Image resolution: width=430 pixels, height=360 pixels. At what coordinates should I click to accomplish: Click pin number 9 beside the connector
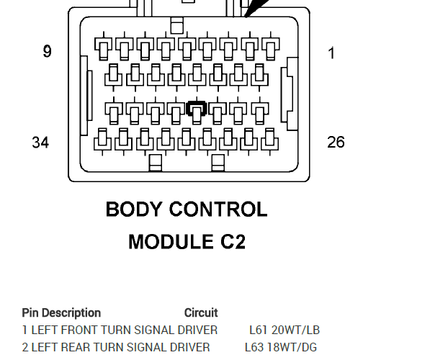(x=47, y=51)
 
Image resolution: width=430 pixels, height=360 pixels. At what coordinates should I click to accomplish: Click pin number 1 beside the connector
(x=331, y=53)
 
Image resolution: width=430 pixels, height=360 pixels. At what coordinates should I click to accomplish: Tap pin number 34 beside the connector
(x=40, y=143)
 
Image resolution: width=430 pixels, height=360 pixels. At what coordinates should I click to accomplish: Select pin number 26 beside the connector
(x=336, y=142)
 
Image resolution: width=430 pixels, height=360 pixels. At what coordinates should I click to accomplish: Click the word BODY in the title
(x=133, y=210)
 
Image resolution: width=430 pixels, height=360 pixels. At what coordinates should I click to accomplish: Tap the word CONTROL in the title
(x=218, y=210)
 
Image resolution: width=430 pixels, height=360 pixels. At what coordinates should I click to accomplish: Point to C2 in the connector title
(x=233, y=241)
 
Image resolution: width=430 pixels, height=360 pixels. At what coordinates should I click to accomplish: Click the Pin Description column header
(x=61, y=313)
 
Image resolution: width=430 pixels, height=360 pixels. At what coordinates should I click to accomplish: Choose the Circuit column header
(x=201, y=313)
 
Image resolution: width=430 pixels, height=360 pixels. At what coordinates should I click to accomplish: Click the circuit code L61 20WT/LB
(x=285, y=330)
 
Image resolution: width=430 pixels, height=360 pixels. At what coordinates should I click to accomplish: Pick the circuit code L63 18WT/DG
(x=281, y=347)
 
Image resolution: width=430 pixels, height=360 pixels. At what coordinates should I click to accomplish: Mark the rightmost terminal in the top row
(x=271, y=46)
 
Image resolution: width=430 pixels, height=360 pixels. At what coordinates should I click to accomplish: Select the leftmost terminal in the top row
(x=104, y=46)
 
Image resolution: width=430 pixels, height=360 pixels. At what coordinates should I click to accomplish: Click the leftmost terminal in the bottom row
(x=102, y=142)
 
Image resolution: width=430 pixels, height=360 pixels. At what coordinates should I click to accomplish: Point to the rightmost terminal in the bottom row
(x=270, y=142)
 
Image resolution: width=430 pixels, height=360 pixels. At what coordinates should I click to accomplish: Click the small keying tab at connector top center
(x=177, y=25)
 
